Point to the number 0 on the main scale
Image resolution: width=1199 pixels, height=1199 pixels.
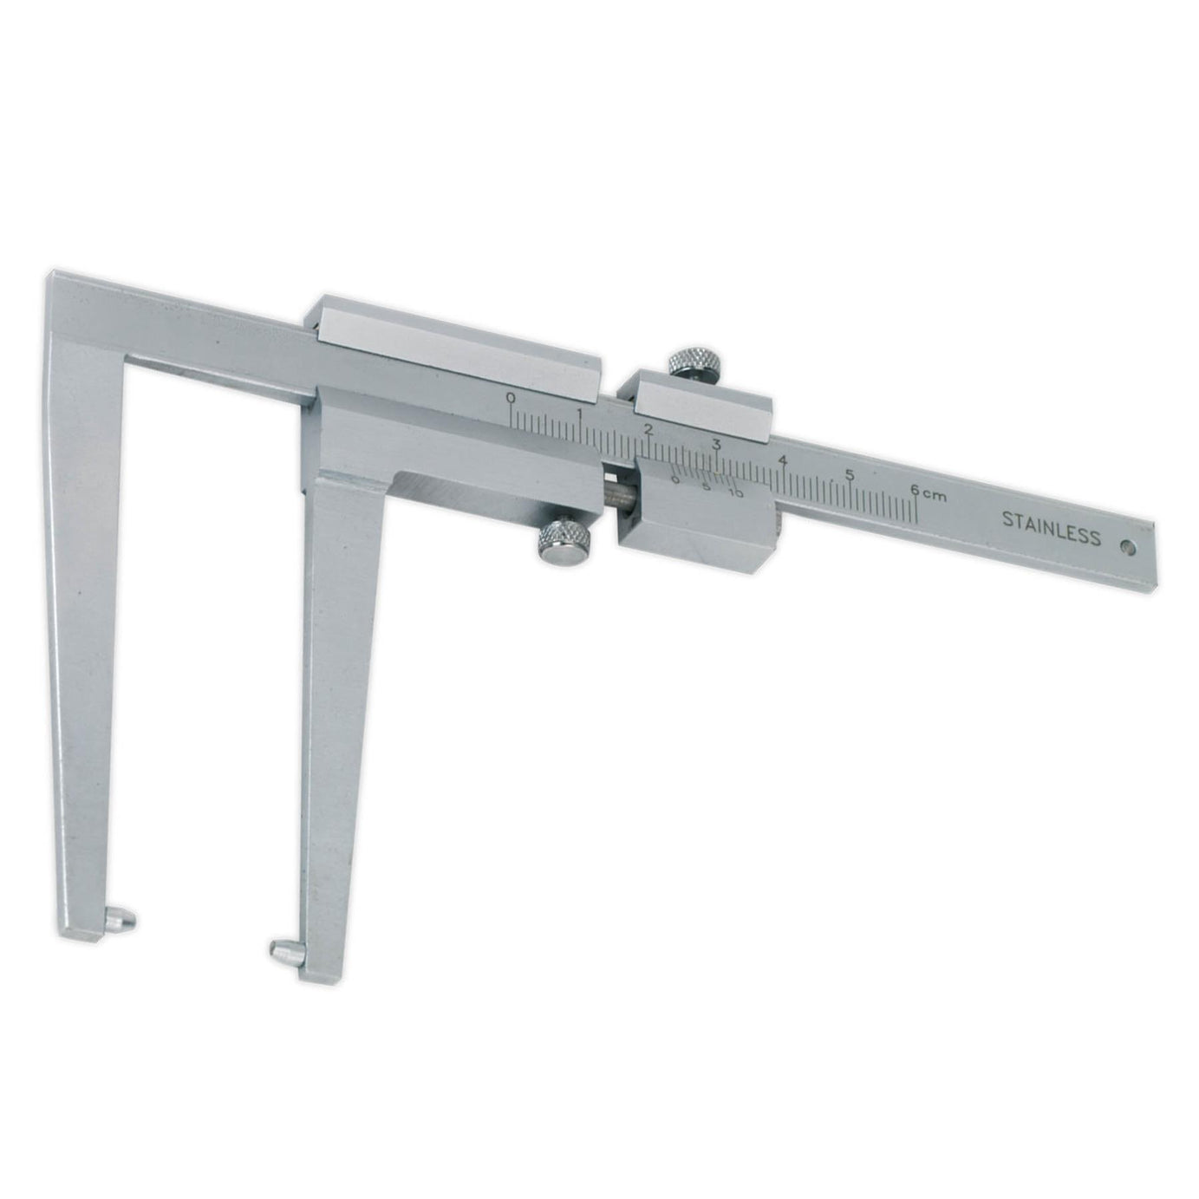(x=512, y=397)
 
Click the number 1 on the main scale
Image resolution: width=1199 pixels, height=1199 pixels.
(x=580, y=414)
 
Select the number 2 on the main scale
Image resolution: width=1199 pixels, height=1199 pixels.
(x=648, y=428)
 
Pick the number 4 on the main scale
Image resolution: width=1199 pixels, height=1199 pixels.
(x=784, y=460)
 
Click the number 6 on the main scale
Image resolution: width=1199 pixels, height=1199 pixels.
(x=915, y=490)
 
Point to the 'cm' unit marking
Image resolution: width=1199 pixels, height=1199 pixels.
(x=935, y=495)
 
